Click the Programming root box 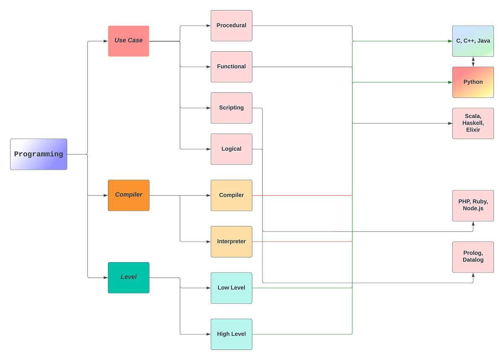pyautogui.click(x=39, y=154)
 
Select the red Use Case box pyautogui.click(x=129, y=41)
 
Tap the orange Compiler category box pyautogui.click(x=129, y=195)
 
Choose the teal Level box pyautogui.click(x=129, y=277)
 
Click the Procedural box pyautogui.click(x=231, y=26)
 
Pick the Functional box pyautogui.click(x=231, y=67)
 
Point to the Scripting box pyautogui.click(x=231, y=108)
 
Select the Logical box pyautogui.click(x=231, y=149)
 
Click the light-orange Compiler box pyautogui.click(x=231, y=195)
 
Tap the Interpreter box pyautogui.click(x=231, y=242)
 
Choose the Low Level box pyautogui.click(x=231, y=288)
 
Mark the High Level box pyautogui.click(x=231, y=334)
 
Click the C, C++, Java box pyautogui.click(x=473, y=41)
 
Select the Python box pyautogui.click(x=473, y=82)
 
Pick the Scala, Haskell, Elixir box pyautogui.click(x=473, y=123)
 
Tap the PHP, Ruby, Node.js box pyautogui.click(x=473, y=205)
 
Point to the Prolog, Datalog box pyautogui.click(x=473, y=257)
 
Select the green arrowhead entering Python pyautogui.click(x=449, y=82)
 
